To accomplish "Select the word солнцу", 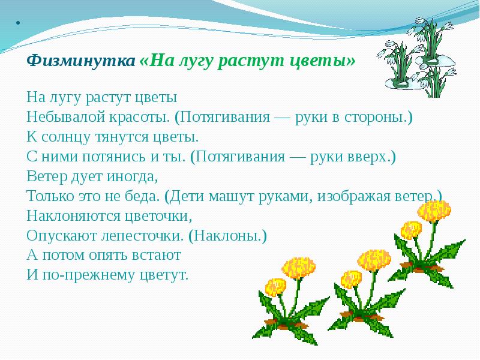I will (64, 136).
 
